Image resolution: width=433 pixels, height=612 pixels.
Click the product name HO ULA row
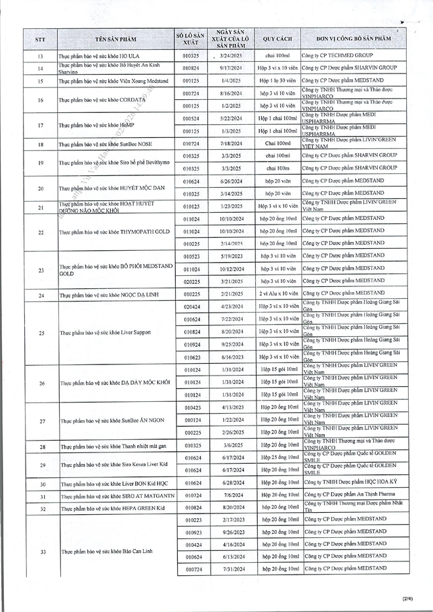coord(98,56)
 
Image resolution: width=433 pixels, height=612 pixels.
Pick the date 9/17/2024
coord(233,68)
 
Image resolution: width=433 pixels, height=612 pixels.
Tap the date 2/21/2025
coord(233,294)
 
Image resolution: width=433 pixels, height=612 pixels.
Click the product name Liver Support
coord(106,332)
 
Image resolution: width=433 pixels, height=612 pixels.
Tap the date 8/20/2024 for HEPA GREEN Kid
coord(233,508)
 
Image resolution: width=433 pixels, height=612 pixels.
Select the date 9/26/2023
coord(233,533)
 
